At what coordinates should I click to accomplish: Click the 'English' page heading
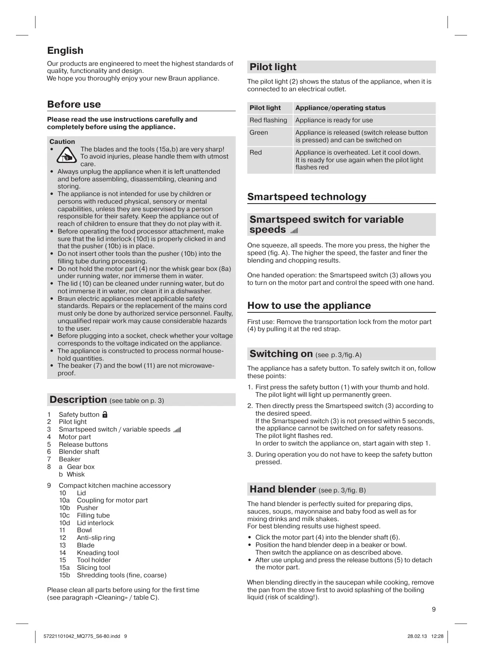tap(65, 51)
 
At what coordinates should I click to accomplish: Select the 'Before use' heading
tap(74, 104)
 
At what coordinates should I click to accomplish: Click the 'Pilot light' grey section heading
tap(273, 67)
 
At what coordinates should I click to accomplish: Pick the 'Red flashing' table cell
tap(268, 120)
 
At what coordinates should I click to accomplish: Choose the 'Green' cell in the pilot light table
tap(259, 133)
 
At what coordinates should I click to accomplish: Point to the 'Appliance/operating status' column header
tap(340, 108)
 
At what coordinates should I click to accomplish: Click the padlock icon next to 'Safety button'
tap(105, 414)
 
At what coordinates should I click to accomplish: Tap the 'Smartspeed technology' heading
tap(307, 197)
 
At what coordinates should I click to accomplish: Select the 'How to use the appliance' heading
tap(309, 306)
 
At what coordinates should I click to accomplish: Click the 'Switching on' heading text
tap(281, 354)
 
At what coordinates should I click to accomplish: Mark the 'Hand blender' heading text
tap(283, 489)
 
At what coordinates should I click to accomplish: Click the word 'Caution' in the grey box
tap(62, 142)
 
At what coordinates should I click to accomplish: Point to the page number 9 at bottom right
tap(434, 609)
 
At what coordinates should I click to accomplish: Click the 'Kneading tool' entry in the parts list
tap(98, 553)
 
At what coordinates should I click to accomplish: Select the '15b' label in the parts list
tap(65, 575)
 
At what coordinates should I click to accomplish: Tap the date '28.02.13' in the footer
tap(417, 636)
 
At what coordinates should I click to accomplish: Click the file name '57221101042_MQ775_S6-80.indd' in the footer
tap(81, 636)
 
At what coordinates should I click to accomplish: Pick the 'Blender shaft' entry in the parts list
tap(79, 452)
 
